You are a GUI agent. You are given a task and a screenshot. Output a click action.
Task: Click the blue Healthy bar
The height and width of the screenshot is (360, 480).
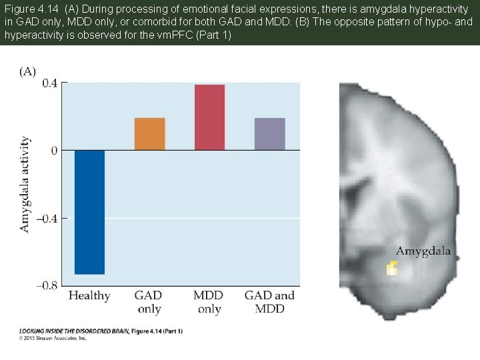[x=89, y=212]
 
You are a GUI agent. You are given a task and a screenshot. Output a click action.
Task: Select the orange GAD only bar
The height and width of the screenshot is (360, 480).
[x=149, y=134]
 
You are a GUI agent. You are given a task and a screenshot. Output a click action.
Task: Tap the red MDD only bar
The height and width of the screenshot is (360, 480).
[x=209, y=117]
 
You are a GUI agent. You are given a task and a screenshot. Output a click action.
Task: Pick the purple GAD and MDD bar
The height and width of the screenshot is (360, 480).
[x=269, y=134]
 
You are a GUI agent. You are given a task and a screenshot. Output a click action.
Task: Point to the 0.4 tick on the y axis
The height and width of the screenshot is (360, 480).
[x=49, y=83]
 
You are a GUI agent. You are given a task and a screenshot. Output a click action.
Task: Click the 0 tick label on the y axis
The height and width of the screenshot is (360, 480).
[x=54, y=151]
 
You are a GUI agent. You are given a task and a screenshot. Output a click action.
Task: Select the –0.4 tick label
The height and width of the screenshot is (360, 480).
[x=47, y=218]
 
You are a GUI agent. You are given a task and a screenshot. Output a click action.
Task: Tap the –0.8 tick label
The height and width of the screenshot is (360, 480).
[x=47, y=285]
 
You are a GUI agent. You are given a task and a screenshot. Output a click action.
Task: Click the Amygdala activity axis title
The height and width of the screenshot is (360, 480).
[x=25, y=184]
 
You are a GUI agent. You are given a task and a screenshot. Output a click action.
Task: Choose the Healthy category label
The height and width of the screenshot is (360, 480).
[x=89, y=295]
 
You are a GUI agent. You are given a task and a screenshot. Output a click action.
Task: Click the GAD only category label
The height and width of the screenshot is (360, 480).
[x=149, y=301]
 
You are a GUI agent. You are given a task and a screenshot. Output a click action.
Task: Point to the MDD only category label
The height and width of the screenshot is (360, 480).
[x=209, y=301]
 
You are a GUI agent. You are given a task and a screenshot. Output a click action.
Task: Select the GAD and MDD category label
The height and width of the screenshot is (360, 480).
[x=269, y=301]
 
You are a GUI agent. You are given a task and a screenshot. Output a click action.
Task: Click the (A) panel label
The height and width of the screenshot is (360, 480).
[x=27, y=71]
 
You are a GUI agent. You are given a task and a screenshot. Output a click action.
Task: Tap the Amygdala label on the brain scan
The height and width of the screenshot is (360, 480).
[x=423, y=251]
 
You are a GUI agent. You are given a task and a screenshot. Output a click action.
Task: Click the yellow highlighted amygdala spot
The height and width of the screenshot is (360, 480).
[x=392, y=268]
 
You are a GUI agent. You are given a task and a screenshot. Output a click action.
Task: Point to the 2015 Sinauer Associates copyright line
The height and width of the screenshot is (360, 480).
[x=53, y=338]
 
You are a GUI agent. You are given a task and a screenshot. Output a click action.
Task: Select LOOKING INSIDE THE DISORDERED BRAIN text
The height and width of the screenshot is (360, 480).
[x=73, y=331]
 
